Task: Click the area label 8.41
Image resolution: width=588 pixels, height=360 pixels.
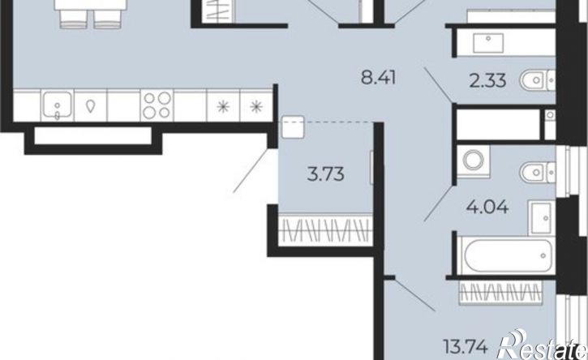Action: click(378, 79)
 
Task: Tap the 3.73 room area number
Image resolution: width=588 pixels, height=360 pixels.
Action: click(325, 174)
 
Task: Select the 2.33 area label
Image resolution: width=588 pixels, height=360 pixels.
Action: click(488, 80)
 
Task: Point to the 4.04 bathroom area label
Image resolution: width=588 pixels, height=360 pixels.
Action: click(487, 206)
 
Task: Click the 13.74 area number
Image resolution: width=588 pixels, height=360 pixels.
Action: click(466, 346)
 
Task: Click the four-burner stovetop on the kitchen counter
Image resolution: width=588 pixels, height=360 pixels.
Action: click(157, 105)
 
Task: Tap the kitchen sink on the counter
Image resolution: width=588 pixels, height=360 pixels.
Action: click(57, 105)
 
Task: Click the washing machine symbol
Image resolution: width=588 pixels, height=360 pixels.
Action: click(474, 161)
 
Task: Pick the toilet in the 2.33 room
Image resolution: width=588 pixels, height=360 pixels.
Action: click(537, 80)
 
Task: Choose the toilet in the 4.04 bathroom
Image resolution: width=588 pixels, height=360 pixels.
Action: click(537, 172)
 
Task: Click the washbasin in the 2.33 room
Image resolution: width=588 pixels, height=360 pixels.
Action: click(488, 43)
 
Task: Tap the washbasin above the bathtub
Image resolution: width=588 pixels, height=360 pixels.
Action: click(541, 218)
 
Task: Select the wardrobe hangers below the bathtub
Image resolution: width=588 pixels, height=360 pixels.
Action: click(500, 292)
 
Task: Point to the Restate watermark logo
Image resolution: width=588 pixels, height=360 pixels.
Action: click(543, 345)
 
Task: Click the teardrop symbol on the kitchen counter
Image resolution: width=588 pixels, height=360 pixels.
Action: click(90, 106)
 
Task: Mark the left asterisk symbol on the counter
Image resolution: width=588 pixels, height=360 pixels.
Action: click(223, 107)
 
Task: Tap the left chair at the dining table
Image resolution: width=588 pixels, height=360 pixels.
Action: click(74, 19)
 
